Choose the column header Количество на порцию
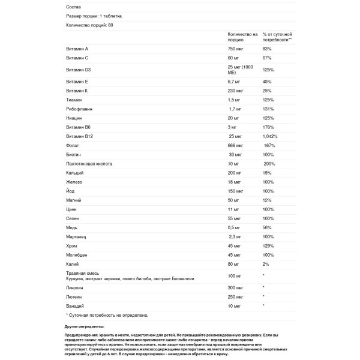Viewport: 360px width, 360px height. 243,37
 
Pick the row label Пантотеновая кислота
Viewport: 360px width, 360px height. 90,163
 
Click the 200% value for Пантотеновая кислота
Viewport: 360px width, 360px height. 269,163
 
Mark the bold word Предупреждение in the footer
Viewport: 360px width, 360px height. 83,335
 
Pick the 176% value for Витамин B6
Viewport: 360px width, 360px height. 268,127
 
